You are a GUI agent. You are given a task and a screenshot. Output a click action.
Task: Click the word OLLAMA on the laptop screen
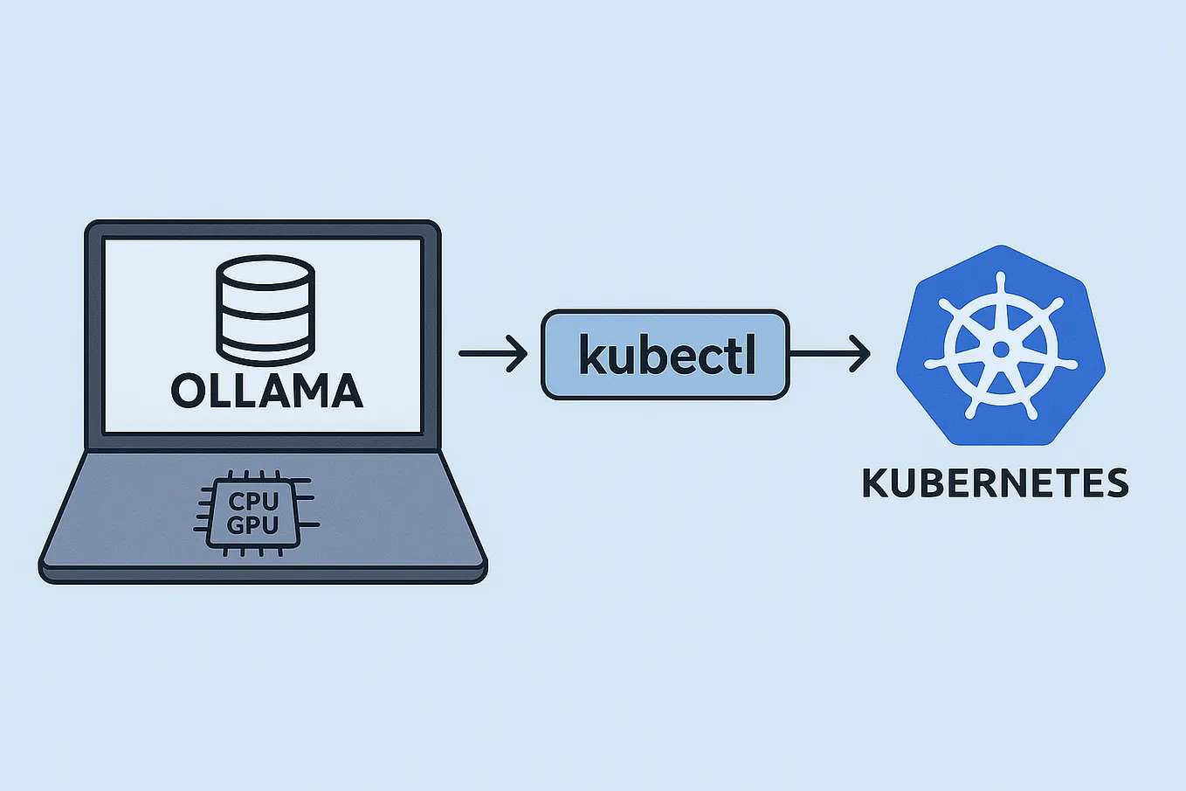click(266, 391)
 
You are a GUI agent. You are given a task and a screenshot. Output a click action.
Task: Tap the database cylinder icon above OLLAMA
click(264, 309)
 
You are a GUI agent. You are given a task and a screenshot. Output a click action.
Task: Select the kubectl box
click(665, 355)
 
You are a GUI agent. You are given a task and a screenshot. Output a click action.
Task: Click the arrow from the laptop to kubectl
click(493, 354)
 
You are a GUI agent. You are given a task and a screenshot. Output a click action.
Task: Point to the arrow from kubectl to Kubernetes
click(830, 354)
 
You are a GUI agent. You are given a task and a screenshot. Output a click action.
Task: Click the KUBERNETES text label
click(995, 483)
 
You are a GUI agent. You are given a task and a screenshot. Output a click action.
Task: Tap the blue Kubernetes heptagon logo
click(1001, 350)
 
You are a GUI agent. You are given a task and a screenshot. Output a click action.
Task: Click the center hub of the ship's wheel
click(1001, 350)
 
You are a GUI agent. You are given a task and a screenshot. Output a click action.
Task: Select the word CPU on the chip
click(253, 502)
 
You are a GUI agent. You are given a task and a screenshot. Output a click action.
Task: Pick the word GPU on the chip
click(252, 525)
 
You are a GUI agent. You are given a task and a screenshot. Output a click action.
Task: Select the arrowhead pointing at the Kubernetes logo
click(861, 354)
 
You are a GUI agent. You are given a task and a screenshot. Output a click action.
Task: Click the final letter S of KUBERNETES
click(1115, 483)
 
